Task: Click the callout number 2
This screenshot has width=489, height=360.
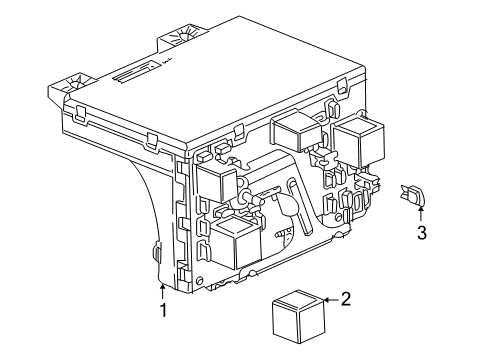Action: pyautogui.click(x=345, y=298)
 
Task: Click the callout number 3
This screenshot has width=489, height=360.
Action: pyautogui.click(x=421, y=233)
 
